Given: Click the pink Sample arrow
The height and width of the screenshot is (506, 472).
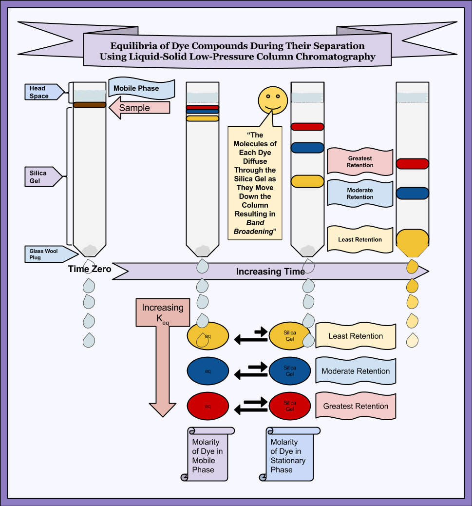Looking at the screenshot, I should point(139,108).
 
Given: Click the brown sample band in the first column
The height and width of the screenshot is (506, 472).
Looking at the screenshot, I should point(90,104).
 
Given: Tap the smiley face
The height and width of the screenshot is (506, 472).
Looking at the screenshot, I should point(273,99).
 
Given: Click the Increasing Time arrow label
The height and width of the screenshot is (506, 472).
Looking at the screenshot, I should point(270,272).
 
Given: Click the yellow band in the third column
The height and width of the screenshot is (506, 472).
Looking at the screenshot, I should point(307,181).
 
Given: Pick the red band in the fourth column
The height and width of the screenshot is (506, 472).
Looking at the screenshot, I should point(412,164).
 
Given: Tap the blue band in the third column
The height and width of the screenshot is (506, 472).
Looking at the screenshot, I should point(307,148).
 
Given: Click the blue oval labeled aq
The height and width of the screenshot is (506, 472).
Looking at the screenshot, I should point(208,371).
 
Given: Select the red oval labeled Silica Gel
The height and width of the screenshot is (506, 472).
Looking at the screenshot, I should point(290,406).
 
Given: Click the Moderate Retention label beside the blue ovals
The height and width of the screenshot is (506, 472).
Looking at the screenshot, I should point(356,371).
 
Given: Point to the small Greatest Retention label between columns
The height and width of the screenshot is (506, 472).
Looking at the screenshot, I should point(360,162).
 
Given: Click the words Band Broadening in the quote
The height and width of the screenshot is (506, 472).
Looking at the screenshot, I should point(255,227).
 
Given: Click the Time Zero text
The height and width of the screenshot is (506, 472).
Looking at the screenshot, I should point(90,269).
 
